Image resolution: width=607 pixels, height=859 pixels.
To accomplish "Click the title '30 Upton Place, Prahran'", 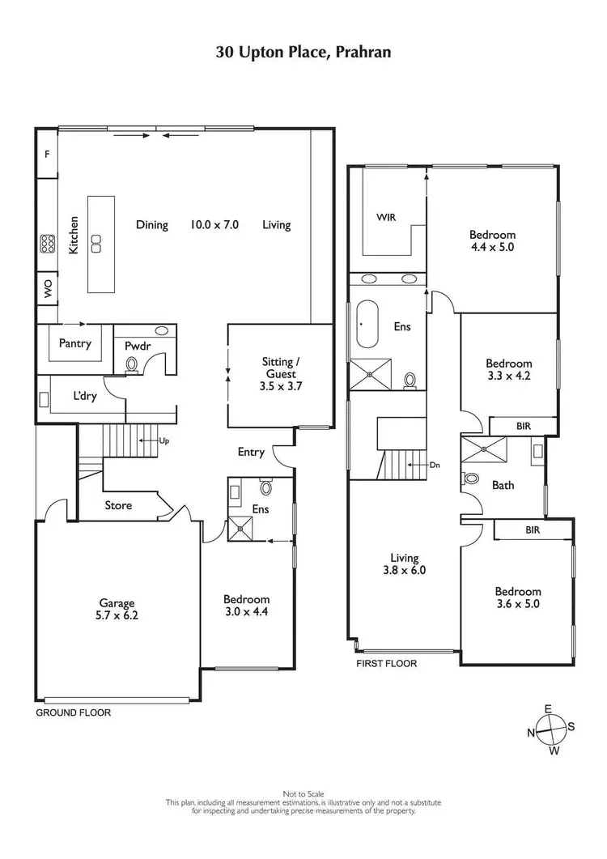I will tap(303, 53).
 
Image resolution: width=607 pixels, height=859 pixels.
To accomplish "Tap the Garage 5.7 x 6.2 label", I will tap(117, 609).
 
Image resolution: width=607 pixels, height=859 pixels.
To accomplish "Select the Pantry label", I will tap(75, 343).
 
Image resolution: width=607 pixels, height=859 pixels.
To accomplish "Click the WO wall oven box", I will tap(46, 290).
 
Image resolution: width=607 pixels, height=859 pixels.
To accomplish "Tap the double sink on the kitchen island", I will tap(96, 242).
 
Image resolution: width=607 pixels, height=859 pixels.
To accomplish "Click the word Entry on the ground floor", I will tap(251, 452).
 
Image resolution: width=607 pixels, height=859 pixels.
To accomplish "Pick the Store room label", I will tap(118, 506).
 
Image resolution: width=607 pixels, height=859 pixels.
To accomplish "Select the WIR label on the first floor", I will tap(385, 217).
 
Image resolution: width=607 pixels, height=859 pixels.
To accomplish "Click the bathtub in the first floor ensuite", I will tap(364, 324).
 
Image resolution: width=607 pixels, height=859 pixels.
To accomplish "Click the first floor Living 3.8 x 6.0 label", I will tap(404, 563).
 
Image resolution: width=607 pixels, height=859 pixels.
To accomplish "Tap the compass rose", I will tap(551, 729).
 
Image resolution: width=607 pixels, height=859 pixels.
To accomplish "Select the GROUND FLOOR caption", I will tap(73, 713).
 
